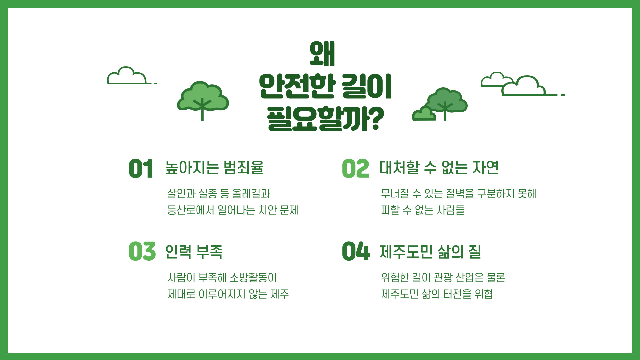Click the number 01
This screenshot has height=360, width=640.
(x=141, y=169)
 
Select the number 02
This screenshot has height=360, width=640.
(x=356, y=169)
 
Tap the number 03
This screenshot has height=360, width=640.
(x=142, y=251)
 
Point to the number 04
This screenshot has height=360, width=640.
(x=356, y=251)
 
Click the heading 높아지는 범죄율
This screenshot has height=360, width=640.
(x=214, y=167)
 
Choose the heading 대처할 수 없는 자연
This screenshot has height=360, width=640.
(x=439, y=167)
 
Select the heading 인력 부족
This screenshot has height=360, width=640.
(x=194, y=251)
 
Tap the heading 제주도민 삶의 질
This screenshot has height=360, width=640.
(x=430, y=251)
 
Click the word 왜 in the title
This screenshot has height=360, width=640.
(x=322, y=53)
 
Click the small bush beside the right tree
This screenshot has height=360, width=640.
(x=424, y=114)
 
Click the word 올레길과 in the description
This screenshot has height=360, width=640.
(x=251, y=193)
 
